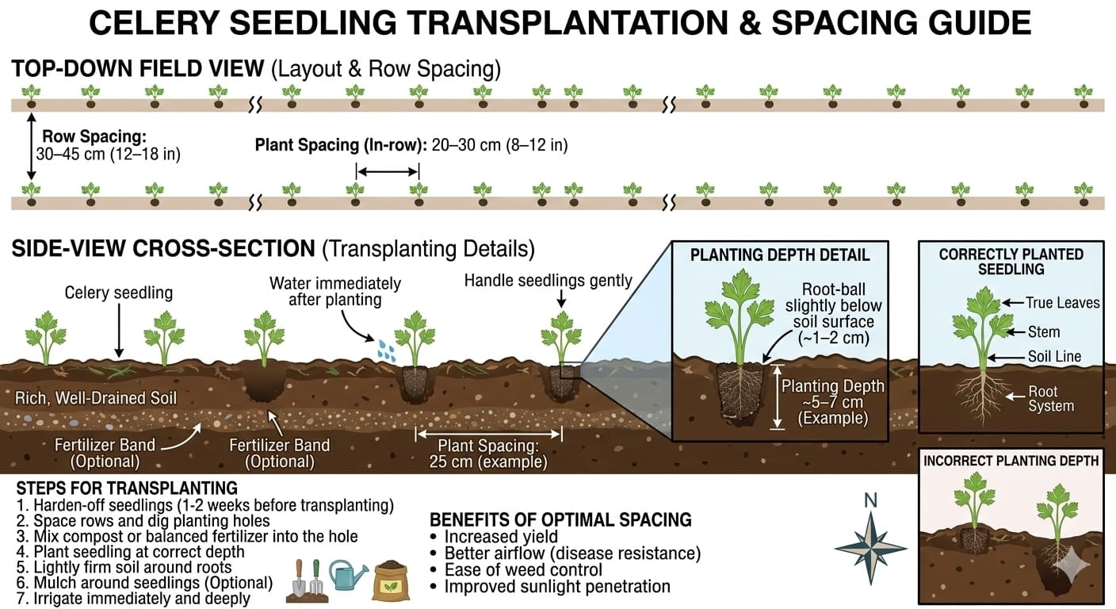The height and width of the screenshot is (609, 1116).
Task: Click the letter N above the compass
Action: [x=870, y=500]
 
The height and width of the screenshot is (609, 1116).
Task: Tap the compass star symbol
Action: [x=870, y=548]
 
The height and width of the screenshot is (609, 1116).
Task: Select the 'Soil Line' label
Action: [x=1054, y=357]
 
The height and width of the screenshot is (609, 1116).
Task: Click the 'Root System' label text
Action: [x=1050, y=399]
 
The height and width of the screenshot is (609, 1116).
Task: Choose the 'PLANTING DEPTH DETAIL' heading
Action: [x=780, y=255]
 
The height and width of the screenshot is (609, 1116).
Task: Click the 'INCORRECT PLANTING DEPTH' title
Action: [x=1011, y=461]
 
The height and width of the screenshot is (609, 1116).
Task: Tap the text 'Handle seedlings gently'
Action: [x=548, y=280]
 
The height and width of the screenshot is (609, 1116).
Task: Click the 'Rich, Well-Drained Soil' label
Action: [x=96, y=397]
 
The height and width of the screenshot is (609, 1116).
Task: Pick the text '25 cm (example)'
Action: [x=487, y=462]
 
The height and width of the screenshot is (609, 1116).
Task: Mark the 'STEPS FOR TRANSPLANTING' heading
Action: [x=127, y=487]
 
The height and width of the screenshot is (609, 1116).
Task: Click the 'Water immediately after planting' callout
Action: [x=334, y=291]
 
